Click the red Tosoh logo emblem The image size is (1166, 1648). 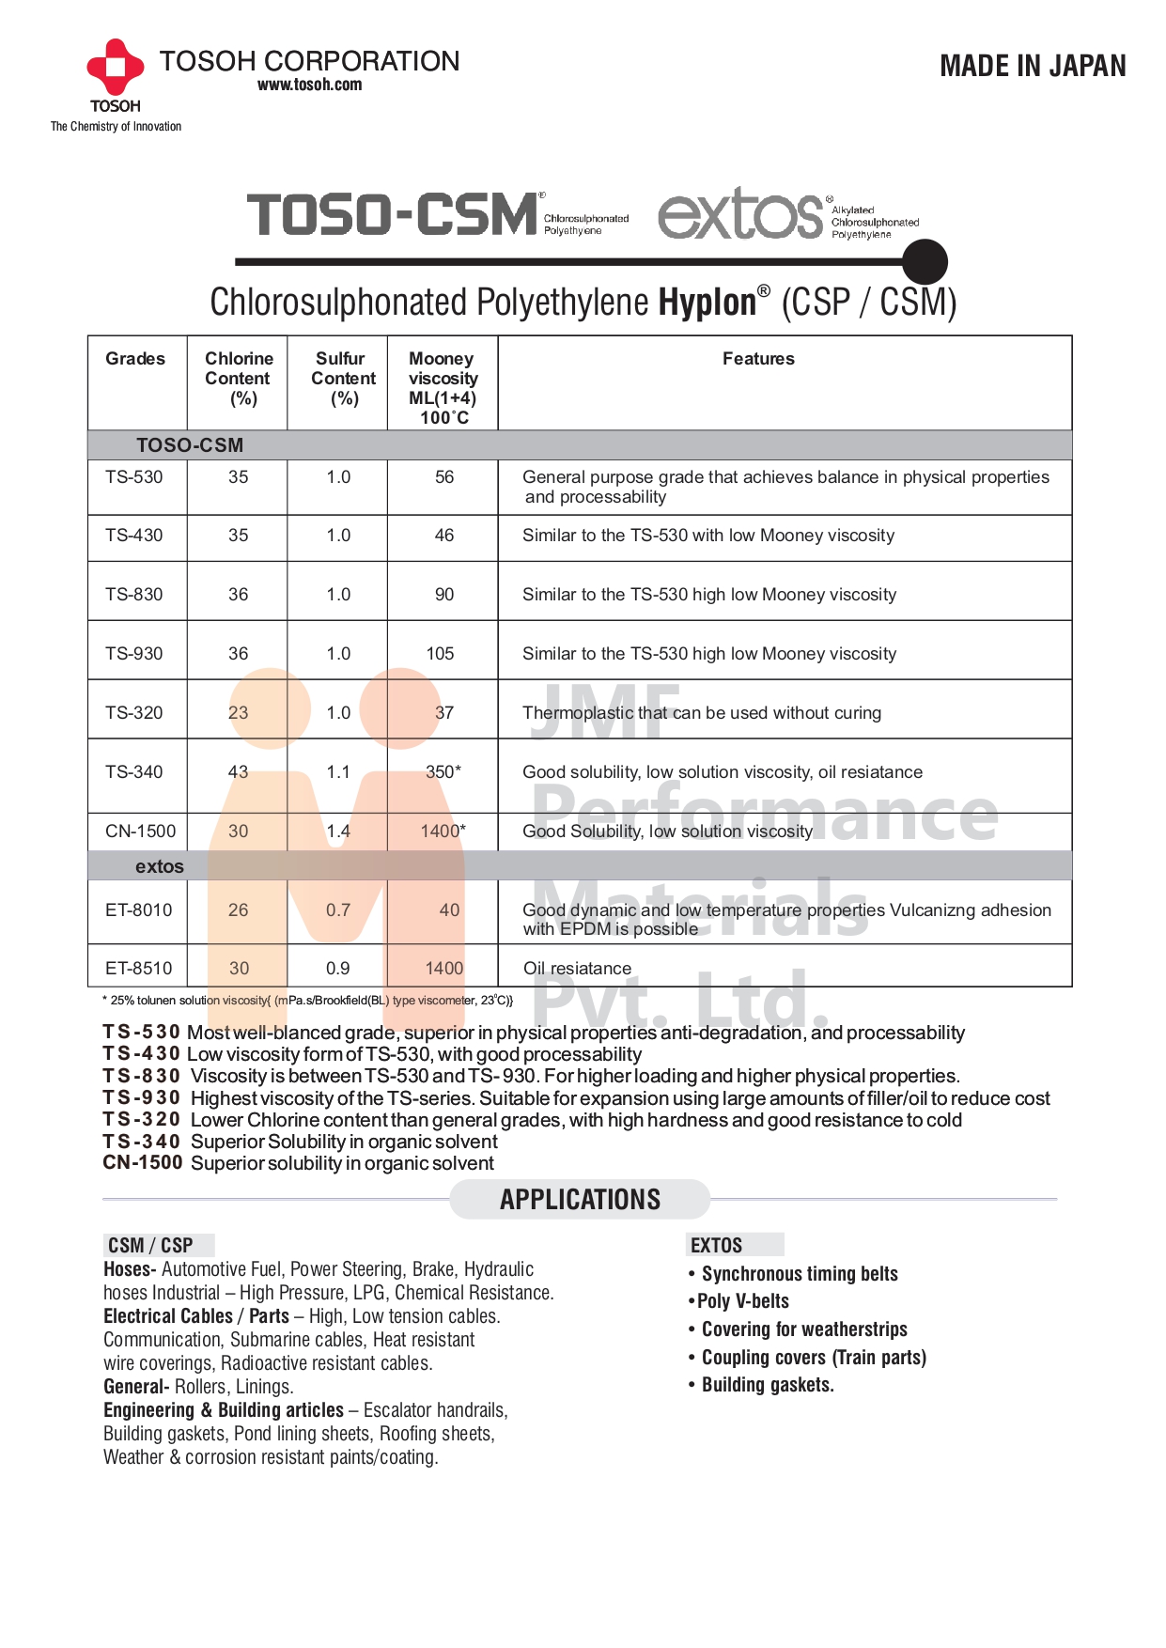point(115,67)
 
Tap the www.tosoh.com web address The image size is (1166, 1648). point(309,85)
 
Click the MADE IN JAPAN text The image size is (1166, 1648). point(1033,66)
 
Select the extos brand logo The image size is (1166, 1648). point(740,213)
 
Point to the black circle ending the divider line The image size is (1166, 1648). point(925,261)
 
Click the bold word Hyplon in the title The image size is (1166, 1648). point(707,303)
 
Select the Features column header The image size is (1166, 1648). point(758,359)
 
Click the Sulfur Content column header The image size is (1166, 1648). point(342,378)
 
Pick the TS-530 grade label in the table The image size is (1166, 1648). point(134,477)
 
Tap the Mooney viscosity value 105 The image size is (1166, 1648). point(440,654)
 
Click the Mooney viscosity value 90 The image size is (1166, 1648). point(443,595)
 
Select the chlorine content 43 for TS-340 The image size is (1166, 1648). point(239,772)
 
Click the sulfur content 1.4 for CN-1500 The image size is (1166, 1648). point(338,832)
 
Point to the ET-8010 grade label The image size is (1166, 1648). point(139,910)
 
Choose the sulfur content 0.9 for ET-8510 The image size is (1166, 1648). point(338,969)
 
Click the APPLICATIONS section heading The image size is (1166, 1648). point(580,1200)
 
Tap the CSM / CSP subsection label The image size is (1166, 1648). point(150,1246)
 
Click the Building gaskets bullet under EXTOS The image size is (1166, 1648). point(767,1385)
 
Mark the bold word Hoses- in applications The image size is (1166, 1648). point(130,1269)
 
